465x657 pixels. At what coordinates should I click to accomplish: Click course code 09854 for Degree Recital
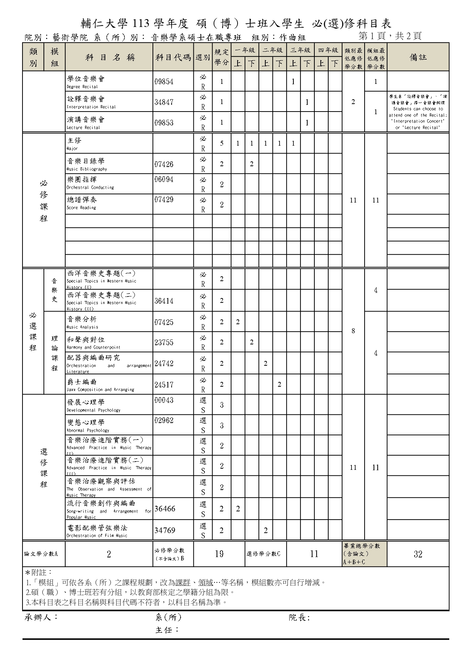(x=164, y=82)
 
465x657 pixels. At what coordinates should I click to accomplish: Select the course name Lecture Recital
(x=86, y=122)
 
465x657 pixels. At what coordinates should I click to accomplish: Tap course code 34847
(x=164, y=102)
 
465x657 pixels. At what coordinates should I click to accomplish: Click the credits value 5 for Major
(x=221, y=143)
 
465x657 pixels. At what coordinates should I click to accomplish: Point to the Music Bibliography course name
(x=87, y=164)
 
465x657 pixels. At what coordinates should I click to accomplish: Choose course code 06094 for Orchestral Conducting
(x=164, y=179)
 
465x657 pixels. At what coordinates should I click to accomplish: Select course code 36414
(x=164, y=301)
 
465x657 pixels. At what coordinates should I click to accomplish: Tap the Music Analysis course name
(x=82, y=322)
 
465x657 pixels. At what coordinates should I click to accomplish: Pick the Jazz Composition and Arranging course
(x=100, y=385)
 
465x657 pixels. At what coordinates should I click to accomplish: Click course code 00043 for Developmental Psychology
(x=164, y=400)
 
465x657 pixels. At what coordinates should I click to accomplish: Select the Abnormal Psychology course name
(x=88, y=425)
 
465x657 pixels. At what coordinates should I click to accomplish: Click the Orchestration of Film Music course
(x=97, y=531)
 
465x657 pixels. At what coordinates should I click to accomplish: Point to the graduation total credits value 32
(x=418, y=554)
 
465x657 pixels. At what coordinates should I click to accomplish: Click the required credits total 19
(x=219, y=554)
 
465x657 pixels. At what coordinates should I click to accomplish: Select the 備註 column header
(x=418, y=57)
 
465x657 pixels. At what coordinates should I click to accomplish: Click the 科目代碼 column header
(x=173, y=57)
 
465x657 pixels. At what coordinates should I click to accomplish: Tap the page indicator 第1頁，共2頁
(x=390, y=36)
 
